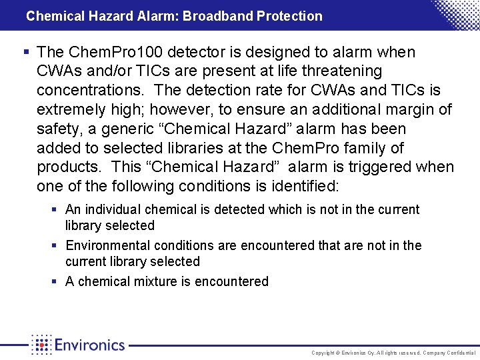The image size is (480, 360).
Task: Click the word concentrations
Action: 91,90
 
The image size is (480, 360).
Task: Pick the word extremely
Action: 71,109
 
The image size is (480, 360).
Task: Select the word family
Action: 366,148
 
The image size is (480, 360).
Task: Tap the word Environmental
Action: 106,246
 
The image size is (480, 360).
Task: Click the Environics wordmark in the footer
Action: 89,345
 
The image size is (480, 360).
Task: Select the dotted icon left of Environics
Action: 41,345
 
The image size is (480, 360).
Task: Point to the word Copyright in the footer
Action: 323,352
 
